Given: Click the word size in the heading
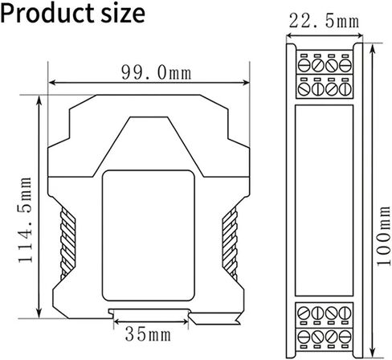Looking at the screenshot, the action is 123,14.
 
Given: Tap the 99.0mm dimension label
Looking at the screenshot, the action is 157,72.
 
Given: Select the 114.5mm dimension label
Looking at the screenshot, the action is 25,219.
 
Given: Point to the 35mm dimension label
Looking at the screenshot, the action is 148,335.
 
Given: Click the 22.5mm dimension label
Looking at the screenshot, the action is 324,21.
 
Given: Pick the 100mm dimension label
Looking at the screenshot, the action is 383,236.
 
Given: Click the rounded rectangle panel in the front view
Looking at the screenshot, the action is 149,235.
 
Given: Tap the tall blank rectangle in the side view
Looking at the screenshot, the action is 324,200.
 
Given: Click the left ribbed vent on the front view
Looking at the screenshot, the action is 67,243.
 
